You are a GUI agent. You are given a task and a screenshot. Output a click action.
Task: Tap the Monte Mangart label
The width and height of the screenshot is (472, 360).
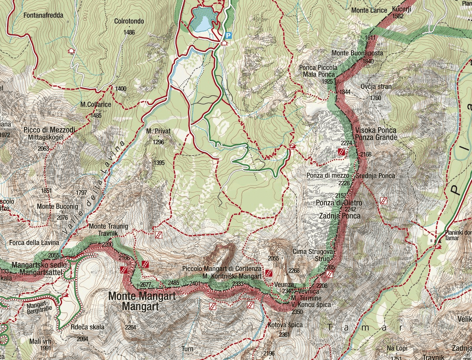(142, 296)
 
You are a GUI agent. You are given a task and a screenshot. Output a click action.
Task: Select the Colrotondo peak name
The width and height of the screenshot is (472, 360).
(126, 21)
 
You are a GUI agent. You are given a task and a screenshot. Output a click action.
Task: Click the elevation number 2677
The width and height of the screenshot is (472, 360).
(146, 285)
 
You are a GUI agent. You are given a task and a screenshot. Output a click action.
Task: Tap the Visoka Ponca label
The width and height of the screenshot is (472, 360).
(376, 130)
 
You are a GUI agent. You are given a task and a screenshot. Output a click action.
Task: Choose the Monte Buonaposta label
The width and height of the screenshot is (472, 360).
(357, 53)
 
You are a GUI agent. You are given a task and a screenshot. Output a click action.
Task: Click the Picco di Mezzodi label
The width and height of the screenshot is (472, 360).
(49, 130)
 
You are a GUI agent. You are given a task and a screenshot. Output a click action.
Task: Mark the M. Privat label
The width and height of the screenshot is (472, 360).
(158, 131)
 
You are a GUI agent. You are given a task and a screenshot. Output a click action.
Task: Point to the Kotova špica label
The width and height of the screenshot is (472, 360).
(285, 325)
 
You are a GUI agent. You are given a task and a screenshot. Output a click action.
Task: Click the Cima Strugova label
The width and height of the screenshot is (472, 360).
(313, 252)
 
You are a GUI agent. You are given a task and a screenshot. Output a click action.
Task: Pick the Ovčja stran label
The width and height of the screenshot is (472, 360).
(376, 87)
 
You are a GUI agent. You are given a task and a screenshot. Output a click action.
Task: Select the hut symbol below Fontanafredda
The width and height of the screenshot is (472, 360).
(71, 51)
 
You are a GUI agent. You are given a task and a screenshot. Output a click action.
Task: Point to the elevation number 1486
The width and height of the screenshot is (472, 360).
(129, 32)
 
